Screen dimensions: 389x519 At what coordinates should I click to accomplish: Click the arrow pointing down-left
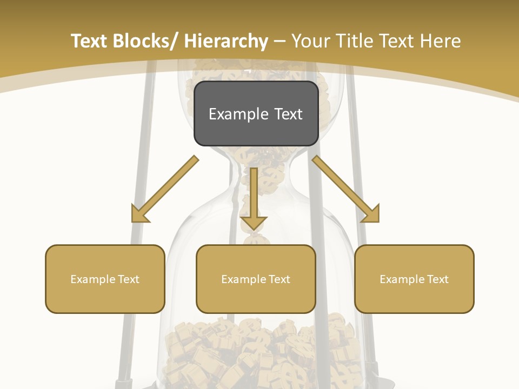tap(165, 189)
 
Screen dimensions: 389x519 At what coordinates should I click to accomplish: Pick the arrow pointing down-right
tap(346, 189)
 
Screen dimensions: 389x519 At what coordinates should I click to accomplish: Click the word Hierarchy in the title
tap(226, 42)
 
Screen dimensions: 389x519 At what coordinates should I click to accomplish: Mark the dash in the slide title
tap(280, 42)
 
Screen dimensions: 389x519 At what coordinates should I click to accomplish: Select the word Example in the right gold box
tap(401, 279)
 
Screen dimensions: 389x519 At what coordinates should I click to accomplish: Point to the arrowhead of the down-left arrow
tap(140, 213)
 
